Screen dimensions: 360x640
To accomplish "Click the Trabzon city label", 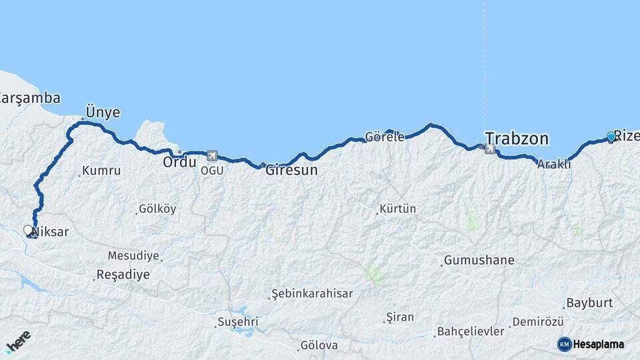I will tap(517, 139).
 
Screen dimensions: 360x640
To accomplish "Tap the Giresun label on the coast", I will tap(291, 170).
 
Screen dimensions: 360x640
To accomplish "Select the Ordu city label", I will tap(180, 161).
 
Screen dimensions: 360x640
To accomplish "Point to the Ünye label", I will tap(103, 112).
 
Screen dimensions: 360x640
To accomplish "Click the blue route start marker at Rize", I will tap(611, 137).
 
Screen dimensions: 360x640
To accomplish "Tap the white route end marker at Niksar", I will tap(28, 230).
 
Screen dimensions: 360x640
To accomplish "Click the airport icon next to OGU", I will tap(212, 155).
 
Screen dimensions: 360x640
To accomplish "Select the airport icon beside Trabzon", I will tap(490, 149).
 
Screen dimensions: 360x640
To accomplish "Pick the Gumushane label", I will tap(479, 260).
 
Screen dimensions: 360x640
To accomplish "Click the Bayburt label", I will tap(589, 303).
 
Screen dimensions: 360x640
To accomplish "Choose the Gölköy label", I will tap(157, 209).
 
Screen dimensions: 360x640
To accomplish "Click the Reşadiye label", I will tap(123, 274).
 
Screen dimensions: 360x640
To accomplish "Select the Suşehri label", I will tap(238, 322).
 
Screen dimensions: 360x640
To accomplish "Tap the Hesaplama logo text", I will tap(598, 344).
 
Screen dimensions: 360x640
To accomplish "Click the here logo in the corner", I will tap(18, 341).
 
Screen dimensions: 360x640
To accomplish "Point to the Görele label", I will tap(387, 137).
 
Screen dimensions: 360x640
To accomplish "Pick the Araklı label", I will tap(555, 164).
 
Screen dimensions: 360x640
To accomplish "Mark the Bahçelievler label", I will tap(471, 331).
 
